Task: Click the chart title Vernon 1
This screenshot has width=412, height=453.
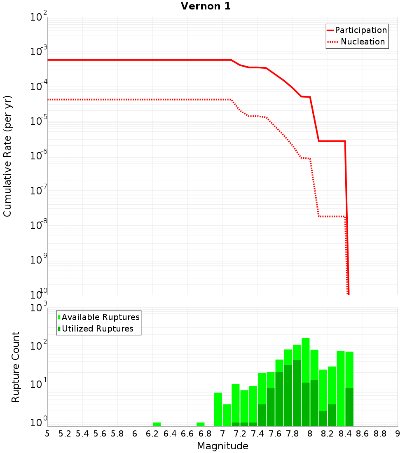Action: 206,6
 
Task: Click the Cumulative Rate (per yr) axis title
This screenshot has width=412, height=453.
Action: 7,156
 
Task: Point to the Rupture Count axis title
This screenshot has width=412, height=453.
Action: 16,367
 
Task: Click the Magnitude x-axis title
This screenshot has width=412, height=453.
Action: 222,446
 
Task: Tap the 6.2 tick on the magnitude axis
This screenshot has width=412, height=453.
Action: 152,433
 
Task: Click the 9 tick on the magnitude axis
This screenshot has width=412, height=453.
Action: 398,433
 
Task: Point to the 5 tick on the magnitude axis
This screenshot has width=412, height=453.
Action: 47,433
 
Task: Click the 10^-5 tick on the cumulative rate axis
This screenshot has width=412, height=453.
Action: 39,121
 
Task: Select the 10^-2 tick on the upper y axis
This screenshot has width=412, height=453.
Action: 39,18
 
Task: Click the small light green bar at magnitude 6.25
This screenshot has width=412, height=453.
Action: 157,424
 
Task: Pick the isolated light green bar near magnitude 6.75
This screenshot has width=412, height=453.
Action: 201,424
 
